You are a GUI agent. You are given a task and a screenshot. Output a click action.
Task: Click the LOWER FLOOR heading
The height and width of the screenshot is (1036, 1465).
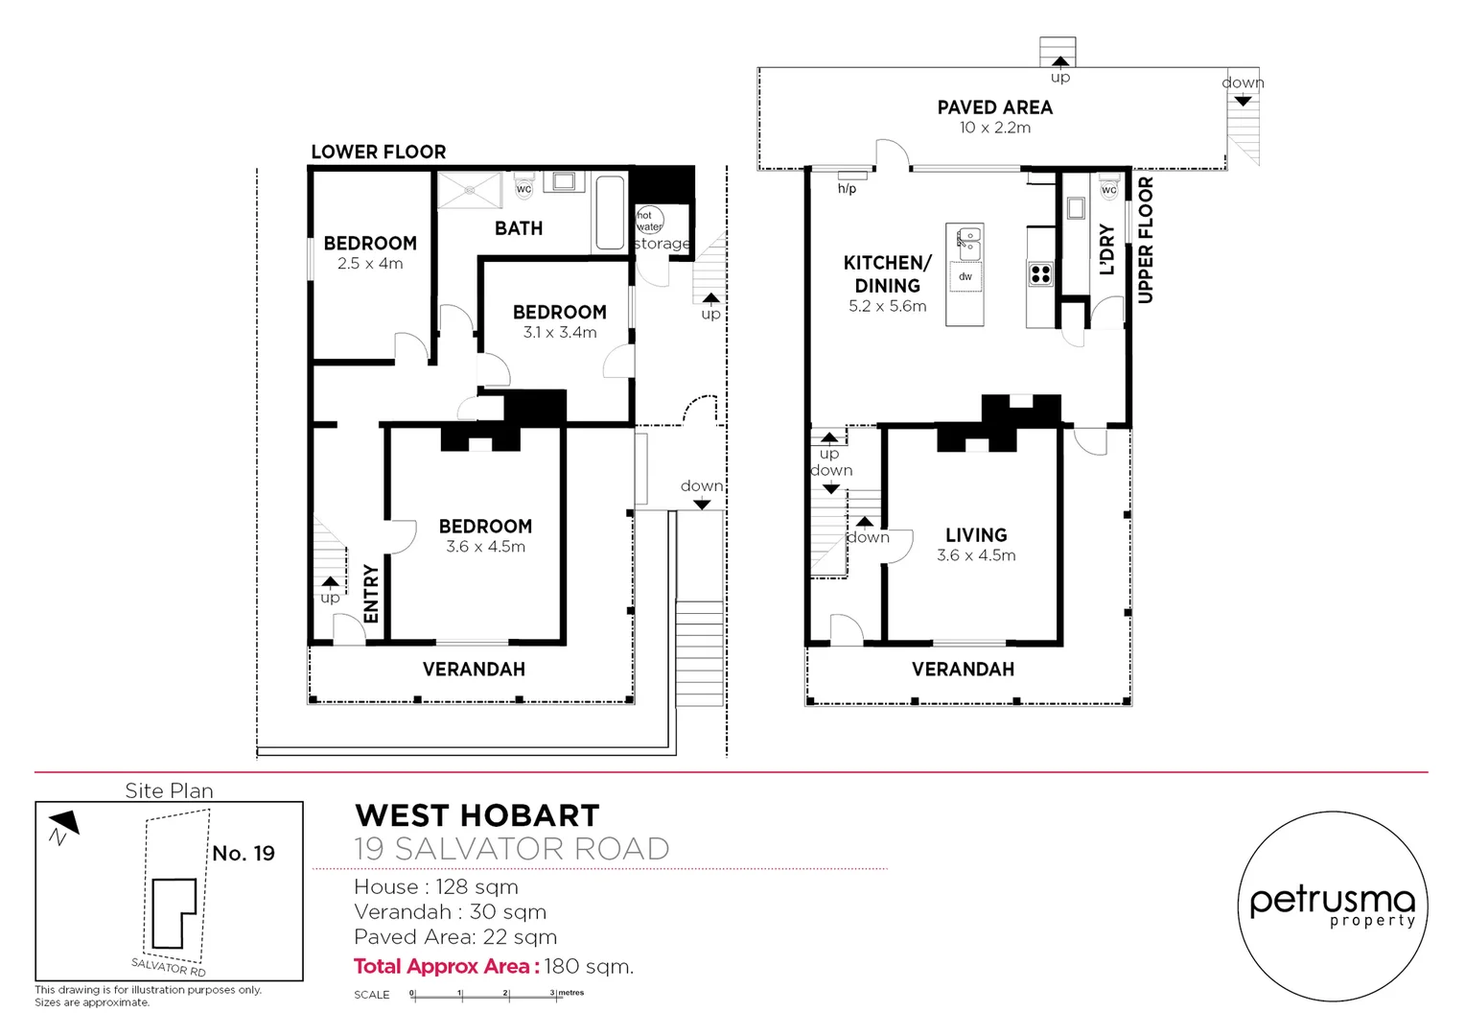pyautogui.click(x=378, y=152)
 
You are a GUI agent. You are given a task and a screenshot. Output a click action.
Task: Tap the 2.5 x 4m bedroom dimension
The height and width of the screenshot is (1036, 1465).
pyautogui.click(x=370, y=264)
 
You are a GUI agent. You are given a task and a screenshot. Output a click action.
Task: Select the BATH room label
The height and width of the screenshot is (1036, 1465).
pyautogui.click(x=519, y=228)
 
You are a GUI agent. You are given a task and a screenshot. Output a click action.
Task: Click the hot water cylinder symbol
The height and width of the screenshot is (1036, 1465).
pyautogui.click(x=649, y=220)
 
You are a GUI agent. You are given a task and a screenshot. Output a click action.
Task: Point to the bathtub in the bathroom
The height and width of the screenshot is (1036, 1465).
pyautogui.click(x=610, y=212)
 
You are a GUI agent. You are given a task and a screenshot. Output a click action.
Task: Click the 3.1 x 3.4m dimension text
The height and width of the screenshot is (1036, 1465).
pyautogui.click(x=560, y=333)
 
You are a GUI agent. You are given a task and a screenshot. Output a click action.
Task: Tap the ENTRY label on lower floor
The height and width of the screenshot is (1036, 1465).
pyautogui.click(x=372, y=594)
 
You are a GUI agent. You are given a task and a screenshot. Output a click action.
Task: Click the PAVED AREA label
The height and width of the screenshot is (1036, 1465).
pyautogui.click(x=994, y=107)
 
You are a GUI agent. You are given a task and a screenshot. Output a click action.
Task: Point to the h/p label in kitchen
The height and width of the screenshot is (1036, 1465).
pyautogui.click(x=847, y=189)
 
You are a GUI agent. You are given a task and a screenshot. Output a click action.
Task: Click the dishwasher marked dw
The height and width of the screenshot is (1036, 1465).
pyautogui.click(x=965, y=277)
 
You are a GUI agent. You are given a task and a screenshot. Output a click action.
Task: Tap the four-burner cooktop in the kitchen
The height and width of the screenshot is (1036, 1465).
pyautogui.click(x=1040, y=274)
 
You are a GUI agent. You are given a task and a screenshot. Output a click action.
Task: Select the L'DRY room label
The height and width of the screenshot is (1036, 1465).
pyautogui.click(x=1106, y=249)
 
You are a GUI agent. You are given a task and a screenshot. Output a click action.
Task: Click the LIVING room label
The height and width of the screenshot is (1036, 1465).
pyautogui.click(x=976, y=535)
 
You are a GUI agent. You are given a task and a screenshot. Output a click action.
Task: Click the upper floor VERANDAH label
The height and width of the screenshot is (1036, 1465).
pyautogui.click(x=963, y=670)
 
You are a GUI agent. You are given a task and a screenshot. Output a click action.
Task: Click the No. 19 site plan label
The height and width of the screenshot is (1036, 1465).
pyautogui.click(x=244, y=854)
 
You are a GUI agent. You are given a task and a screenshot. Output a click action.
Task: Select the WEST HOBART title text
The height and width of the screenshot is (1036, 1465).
pyautogui.click(x=477, y=815)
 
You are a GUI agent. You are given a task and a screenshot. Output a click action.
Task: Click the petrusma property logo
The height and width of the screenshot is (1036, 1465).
pyautogui.click(x=1332, y=906)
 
